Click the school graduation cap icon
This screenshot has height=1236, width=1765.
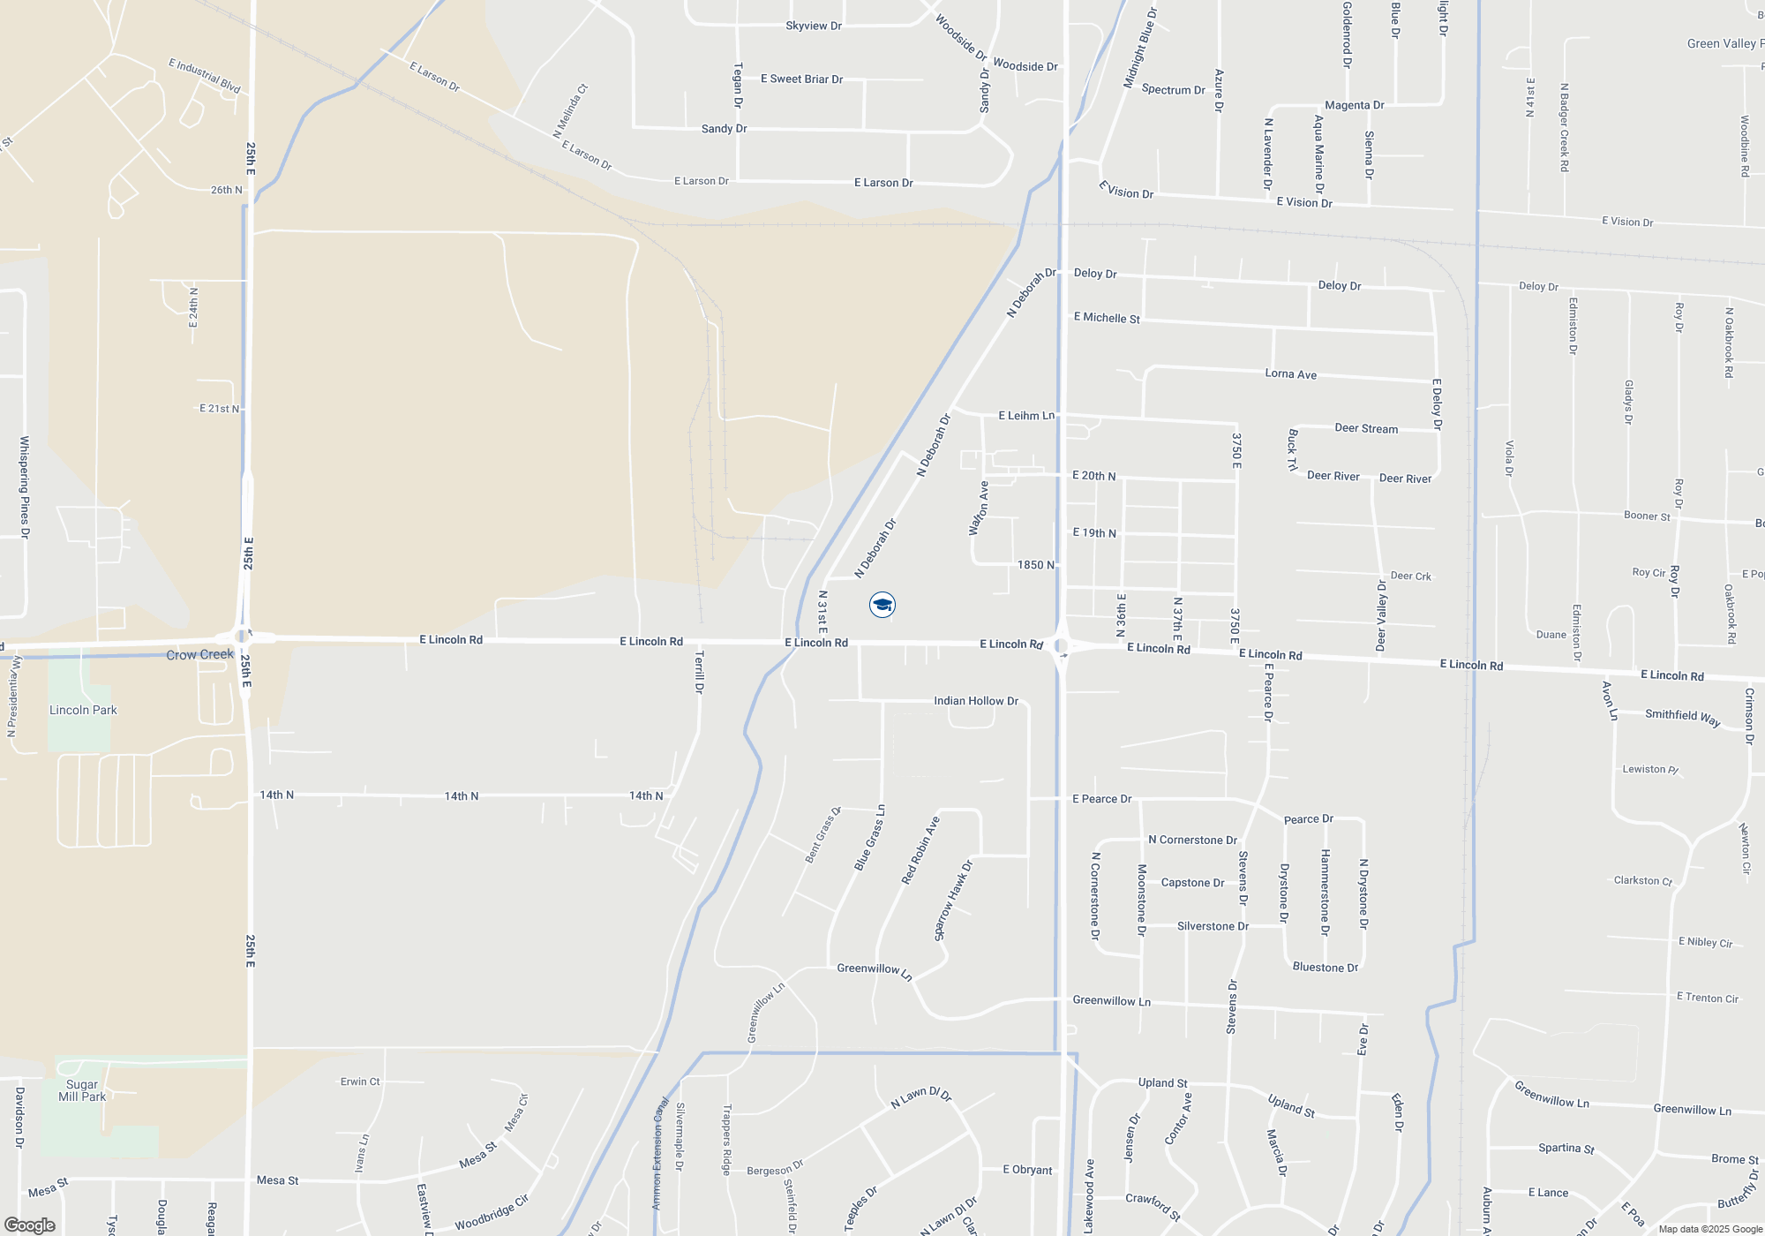pos(882,605)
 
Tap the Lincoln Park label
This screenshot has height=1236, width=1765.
pos(83,710)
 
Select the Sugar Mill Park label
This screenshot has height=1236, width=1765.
pos(82,1090)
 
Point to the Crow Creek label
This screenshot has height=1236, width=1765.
pos(200,655)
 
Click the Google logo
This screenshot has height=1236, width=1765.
pos(29,1225)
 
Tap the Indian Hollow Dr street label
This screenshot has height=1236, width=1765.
pos(976,701)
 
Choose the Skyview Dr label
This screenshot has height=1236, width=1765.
pos(814,26)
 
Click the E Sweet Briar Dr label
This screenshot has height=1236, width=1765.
pos(801,79)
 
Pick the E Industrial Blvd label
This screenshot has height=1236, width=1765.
pos(205,76)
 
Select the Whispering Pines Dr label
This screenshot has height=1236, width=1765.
pos(24,487)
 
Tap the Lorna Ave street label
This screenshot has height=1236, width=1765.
pos(1290,374)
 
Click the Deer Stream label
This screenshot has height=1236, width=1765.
pos(1366,429)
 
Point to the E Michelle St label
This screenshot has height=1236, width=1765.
pos(1107,318)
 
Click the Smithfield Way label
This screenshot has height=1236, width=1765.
pos(1682,717)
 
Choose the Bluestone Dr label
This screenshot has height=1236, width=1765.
pos(1326,968)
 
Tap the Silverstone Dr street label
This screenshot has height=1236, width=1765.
pos(1213,926)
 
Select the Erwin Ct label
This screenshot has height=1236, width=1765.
pos(360,1081)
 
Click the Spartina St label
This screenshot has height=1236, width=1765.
pos(1566,1149)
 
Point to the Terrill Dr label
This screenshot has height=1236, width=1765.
pos(699,672)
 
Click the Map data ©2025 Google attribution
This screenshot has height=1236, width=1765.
pos(1710,1229)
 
